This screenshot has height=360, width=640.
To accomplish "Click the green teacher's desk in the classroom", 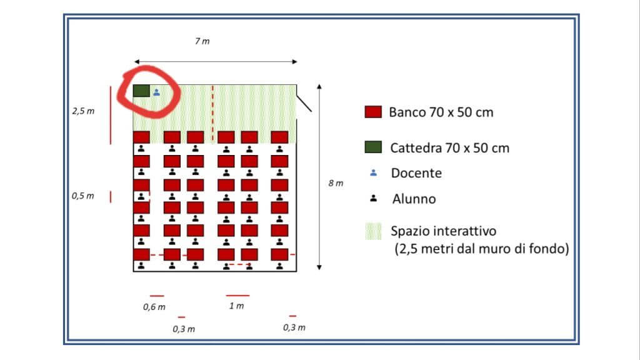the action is coord(141,91).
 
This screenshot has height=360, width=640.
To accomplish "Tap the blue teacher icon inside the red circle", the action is coord(157,92).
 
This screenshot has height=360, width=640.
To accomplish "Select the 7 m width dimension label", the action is coord(202,41).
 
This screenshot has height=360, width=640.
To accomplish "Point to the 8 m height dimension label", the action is coord(336,183).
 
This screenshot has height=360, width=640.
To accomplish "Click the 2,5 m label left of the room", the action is coord(83,111).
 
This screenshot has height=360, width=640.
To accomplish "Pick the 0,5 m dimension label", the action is coord(83,196).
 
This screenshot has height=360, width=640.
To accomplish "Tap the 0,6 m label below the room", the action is coord(154,307).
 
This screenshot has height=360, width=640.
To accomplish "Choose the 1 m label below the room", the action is coord(236,306).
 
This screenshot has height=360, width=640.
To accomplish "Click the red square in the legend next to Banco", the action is coord(373,112).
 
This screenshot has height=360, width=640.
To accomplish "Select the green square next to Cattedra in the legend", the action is coord(373,147).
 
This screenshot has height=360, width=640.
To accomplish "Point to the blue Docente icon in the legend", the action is coord(374,173).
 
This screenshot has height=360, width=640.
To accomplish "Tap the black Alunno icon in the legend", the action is coord(374,198).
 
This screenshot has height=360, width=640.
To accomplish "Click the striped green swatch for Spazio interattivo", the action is coord(373,231).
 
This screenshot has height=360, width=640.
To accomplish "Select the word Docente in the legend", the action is coord(416,173).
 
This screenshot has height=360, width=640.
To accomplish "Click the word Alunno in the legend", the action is coord(414,199).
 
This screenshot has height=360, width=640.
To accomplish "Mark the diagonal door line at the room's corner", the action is coord(304,103).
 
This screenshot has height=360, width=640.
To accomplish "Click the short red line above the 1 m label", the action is coord(237,295).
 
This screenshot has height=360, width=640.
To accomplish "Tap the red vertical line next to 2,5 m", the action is coord(111,115).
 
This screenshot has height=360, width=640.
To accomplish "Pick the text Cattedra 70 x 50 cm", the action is coord(450,147).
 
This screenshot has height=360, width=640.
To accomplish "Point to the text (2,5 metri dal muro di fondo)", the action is coord(482,249).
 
